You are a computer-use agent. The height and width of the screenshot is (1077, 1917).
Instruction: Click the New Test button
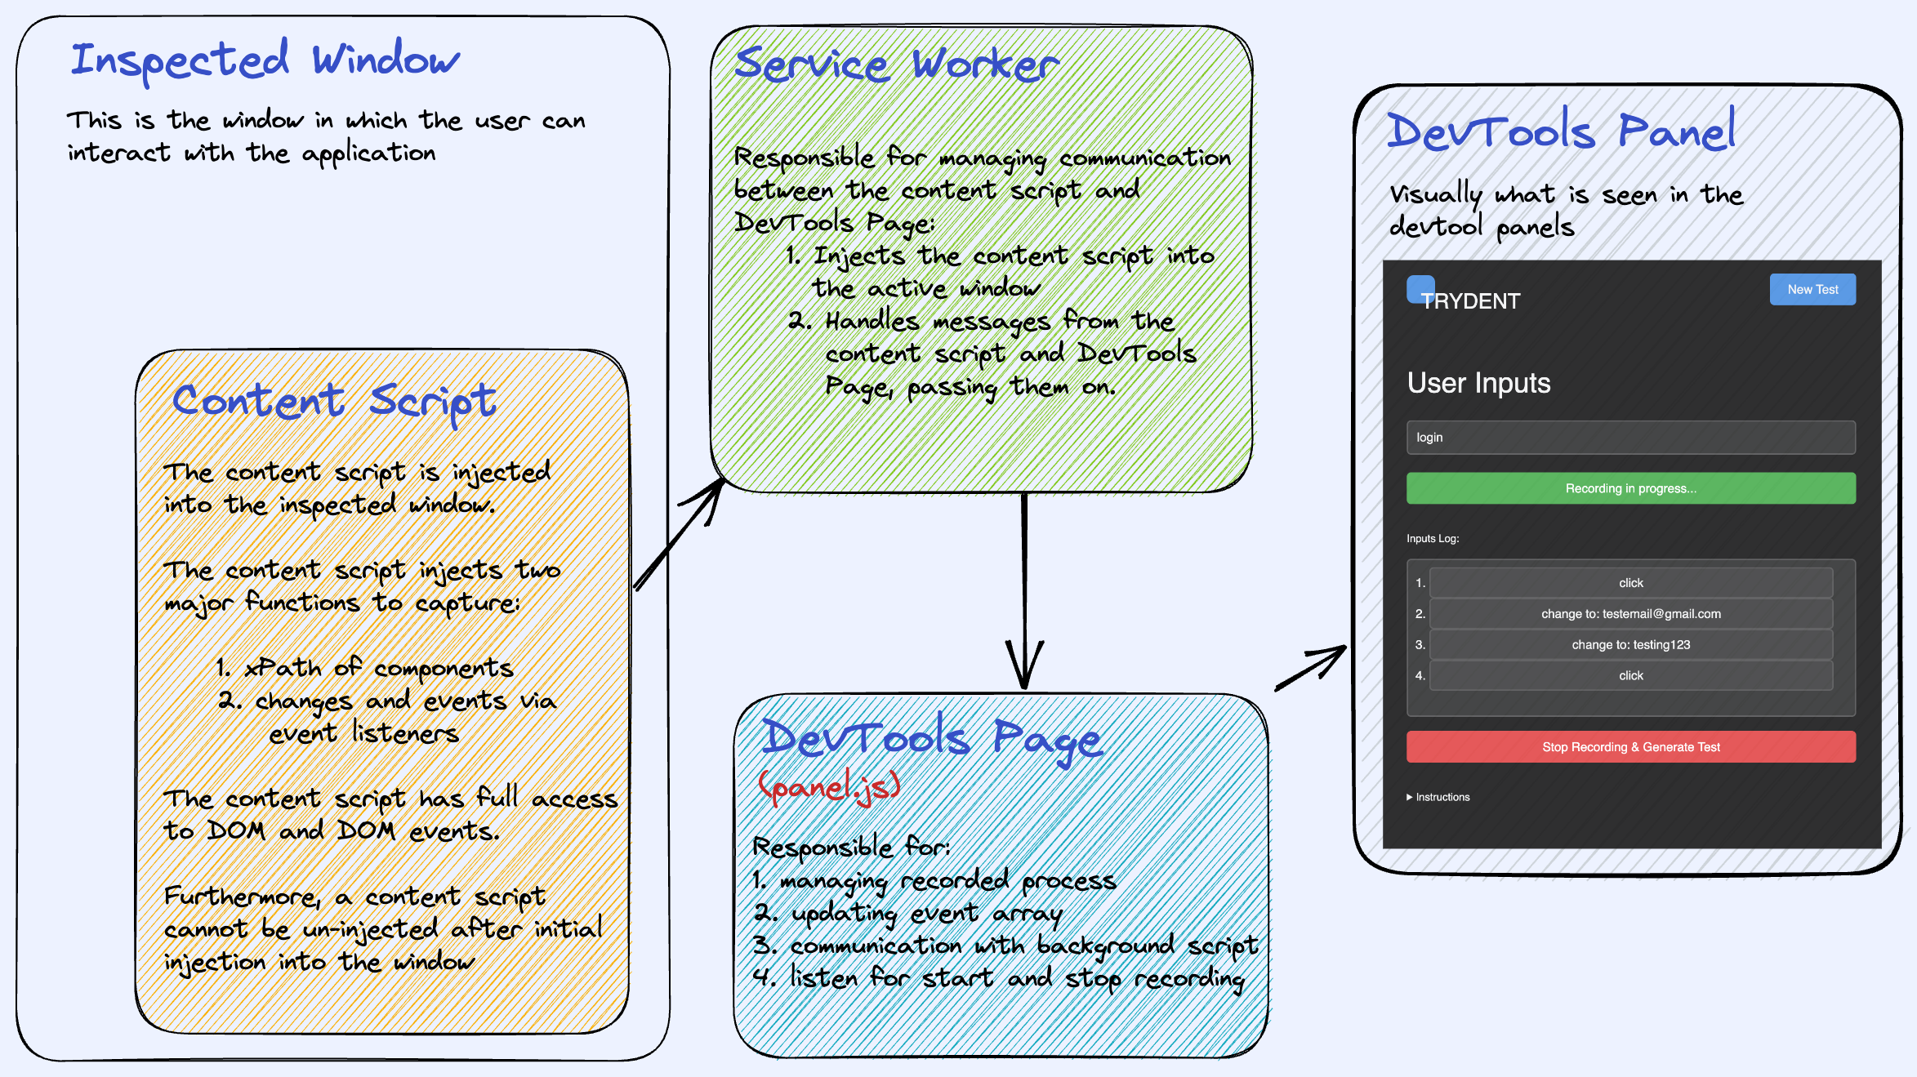pos(1812,290)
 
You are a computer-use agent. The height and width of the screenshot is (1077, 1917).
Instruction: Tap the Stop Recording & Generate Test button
pos(1630,747)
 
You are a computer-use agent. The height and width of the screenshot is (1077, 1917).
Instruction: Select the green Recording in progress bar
pos(1630,488)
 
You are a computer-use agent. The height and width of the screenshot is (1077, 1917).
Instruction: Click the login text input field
pos(1630,438)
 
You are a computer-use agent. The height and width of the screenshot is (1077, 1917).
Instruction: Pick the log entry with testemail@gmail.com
pos(1630,614)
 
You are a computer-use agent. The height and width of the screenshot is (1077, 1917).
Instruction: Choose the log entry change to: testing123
pos(1630,645)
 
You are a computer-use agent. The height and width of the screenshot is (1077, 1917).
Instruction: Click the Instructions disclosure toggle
pos(1438,797)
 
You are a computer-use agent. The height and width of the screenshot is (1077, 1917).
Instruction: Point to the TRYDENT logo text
pos(1470,301)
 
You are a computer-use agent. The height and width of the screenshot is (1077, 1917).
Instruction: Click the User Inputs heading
pos(1478,383)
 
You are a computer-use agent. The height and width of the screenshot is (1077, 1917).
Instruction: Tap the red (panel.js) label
pos(829,786)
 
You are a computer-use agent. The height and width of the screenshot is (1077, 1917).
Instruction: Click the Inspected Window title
pos(265,60)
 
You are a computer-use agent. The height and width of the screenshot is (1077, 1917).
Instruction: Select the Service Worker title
pos(896,65)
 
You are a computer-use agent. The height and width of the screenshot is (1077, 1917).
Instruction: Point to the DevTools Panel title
pos(1561,131)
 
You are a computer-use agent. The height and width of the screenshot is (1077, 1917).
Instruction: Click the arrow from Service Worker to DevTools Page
pos(1024,588)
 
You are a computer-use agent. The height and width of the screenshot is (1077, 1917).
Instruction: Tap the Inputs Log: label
pos(1433,539)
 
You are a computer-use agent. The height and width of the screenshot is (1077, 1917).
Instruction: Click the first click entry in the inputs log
pos(1630,583)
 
